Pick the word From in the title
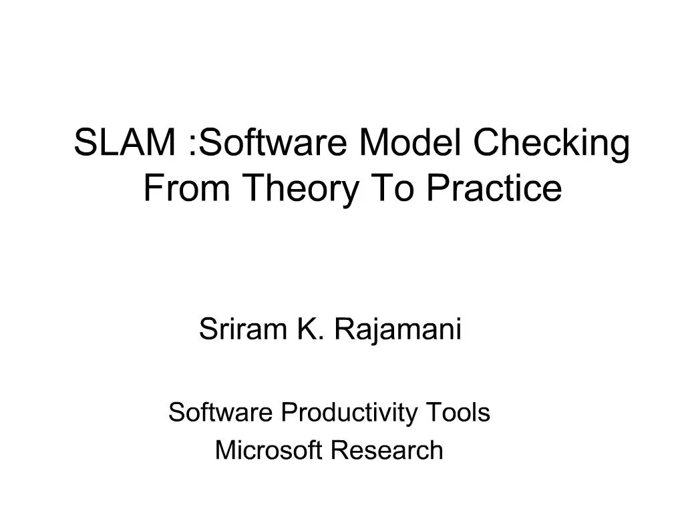[x=186, y=188]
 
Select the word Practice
[x=494, y=188]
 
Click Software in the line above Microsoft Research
[x=220, y=413]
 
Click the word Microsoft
[x=270, y=450]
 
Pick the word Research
[x=387, y=450]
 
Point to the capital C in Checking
[x=486, y=143]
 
